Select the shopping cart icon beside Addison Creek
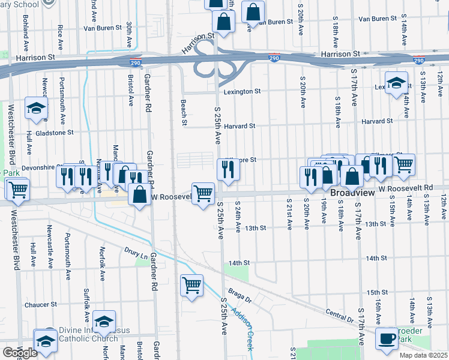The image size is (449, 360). coord(191,286)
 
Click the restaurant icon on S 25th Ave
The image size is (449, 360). coord(228,170)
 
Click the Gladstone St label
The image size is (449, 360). coord(54,133)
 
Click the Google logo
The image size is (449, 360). coord(20,352)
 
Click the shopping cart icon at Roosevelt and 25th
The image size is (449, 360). coord(203,193)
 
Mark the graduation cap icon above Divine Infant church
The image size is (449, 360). coord(104,321)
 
